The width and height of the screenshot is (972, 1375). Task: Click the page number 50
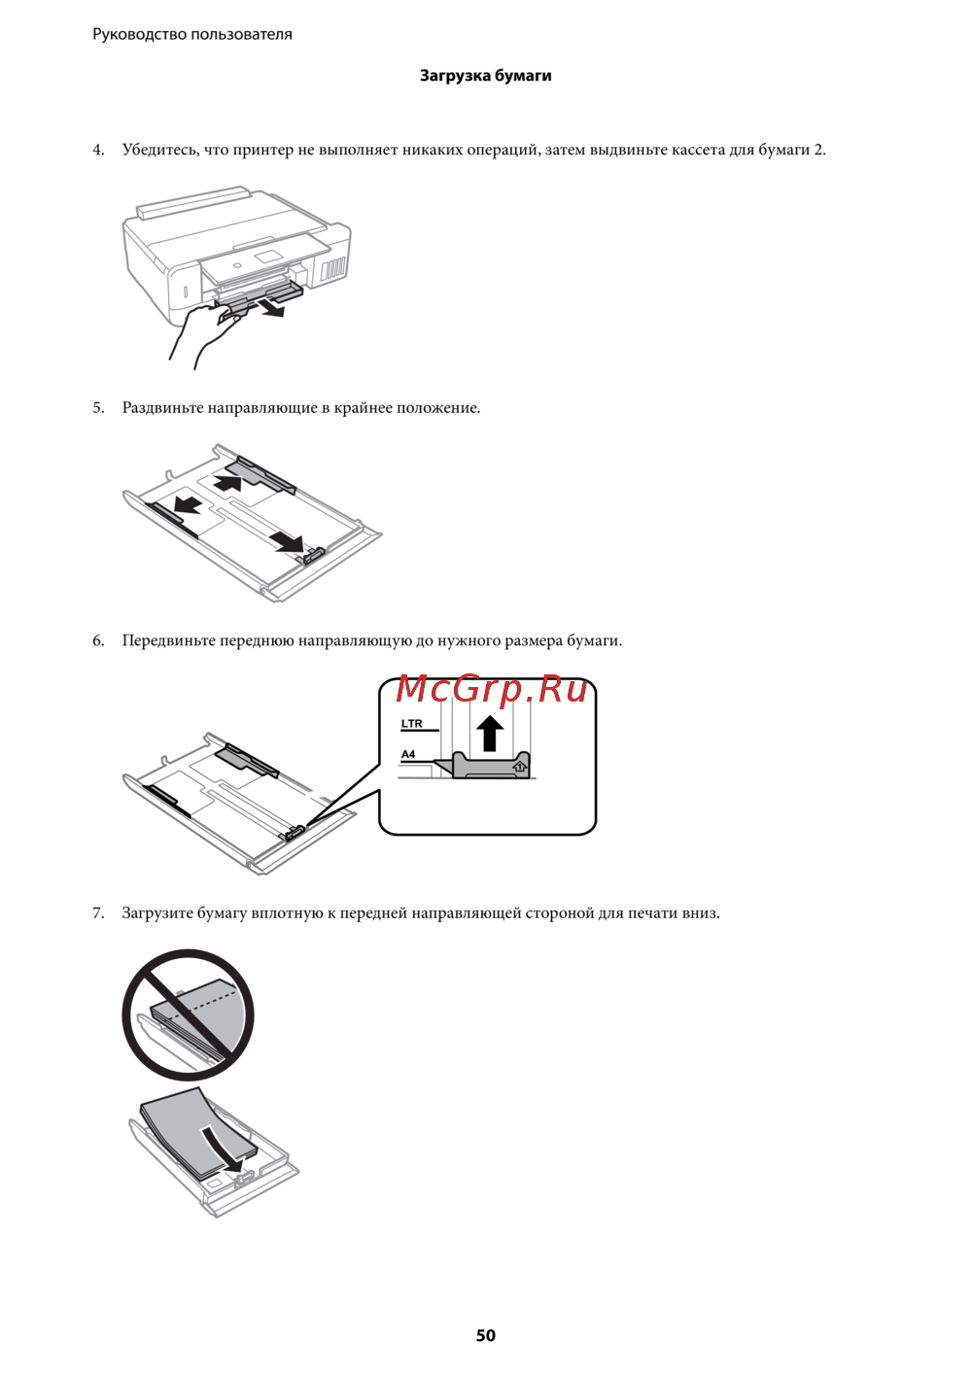pos(485,1335)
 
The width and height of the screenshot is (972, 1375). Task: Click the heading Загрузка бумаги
pos(485,76)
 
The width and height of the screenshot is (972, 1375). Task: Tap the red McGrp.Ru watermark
pos(491,688)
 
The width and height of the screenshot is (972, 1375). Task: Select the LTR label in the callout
pos(412,724)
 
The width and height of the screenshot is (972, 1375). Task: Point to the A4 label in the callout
pos(408,754)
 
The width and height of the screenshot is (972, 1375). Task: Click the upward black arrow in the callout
pos(489,733)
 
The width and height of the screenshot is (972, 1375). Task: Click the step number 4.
pos(98,150)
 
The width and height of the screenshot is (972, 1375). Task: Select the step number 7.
pos(98,912)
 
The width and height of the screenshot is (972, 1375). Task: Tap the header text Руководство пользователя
pos(192,34)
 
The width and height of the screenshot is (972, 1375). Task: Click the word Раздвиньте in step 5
pos(162,408)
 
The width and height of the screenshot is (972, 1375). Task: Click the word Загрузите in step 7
pos(157,912)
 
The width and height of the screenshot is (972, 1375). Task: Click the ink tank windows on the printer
pos(334,267)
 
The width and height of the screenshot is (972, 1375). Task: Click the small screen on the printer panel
pos(267,257)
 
